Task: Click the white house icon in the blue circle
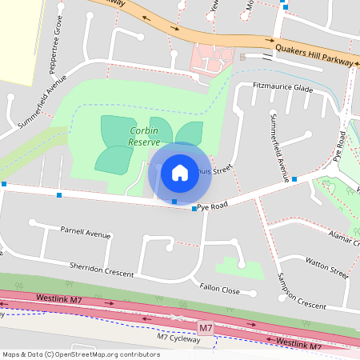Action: point(179,172)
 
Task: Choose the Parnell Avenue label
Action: point(85,233)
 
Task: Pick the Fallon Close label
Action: point(219,290)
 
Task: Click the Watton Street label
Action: point(327,267)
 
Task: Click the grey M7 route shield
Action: point(206,328)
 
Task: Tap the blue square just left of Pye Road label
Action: point(194,209)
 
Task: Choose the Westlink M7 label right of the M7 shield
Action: point(298,343)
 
